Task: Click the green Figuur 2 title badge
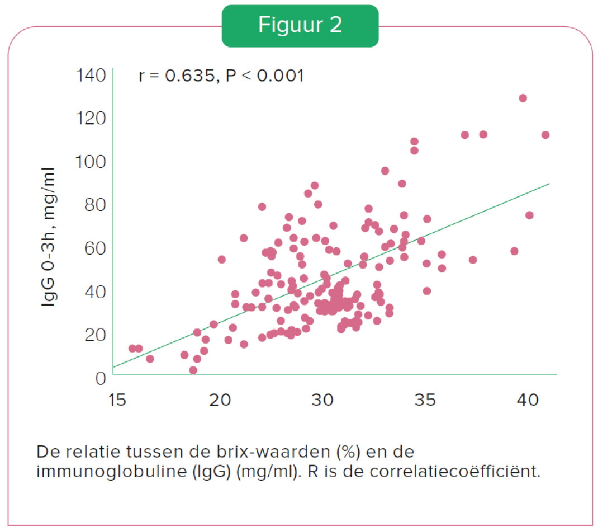coord(300,26)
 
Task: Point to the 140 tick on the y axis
coord(91,75)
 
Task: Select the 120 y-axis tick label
coord(91,118)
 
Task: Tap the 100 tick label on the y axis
coord(91,162)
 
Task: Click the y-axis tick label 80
coord(95,205)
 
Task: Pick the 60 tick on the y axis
coord(95,248)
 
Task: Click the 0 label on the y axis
coord(100,378)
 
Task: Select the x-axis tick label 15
coord(117,400)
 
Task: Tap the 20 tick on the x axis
coord(220,400)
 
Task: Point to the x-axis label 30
coord(322,400)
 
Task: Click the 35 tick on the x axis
coord(425,400)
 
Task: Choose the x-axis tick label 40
coord(528,400)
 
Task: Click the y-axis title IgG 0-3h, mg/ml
coord(49,237)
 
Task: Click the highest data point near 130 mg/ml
coord(523,98)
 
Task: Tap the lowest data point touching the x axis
coord(193,370)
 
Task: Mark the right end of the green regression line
coord(549,184)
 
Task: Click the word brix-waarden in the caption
coord(273,452)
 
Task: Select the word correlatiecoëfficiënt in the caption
coord(454,472)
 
